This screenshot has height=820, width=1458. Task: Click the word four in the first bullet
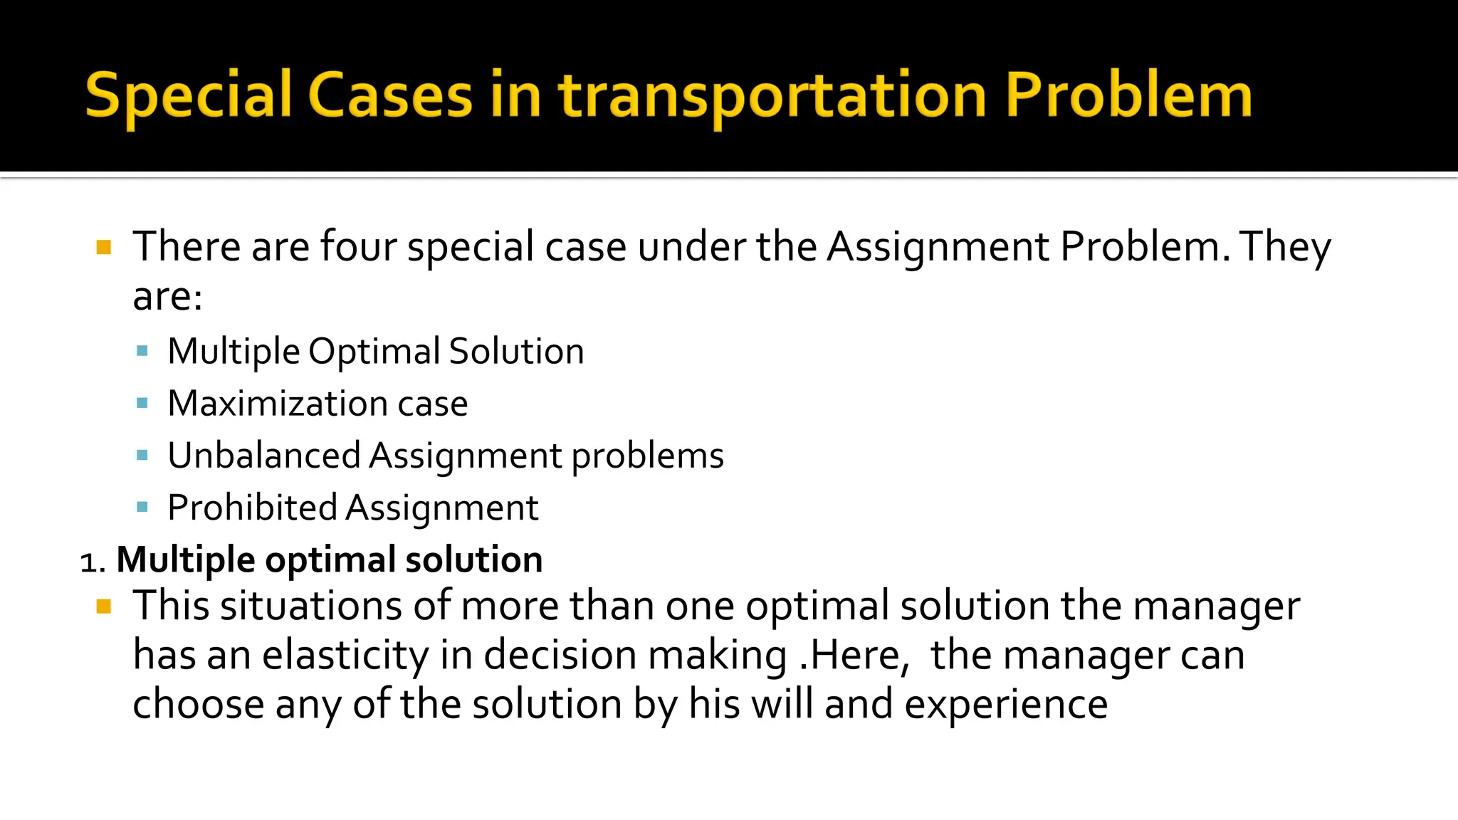click(358, 247)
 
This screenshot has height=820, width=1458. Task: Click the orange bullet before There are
click(104, 248)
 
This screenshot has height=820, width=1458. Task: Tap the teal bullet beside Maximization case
click(142, 404)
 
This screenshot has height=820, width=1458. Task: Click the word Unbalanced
click(264, 456)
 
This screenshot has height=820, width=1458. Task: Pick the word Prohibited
click(252, 508)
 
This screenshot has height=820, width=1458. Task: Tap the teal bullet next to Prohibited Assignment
click(142, 508)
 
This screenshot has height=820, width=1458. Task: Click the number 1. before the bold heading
click(93, 562)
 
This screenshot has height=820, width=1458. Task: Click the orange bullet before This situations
click(104, 606)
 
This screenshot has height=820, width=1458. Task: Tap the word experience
click(1006, 705)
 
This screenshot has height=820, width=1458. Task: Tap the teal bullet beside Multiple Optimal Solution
click(142, 351)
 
